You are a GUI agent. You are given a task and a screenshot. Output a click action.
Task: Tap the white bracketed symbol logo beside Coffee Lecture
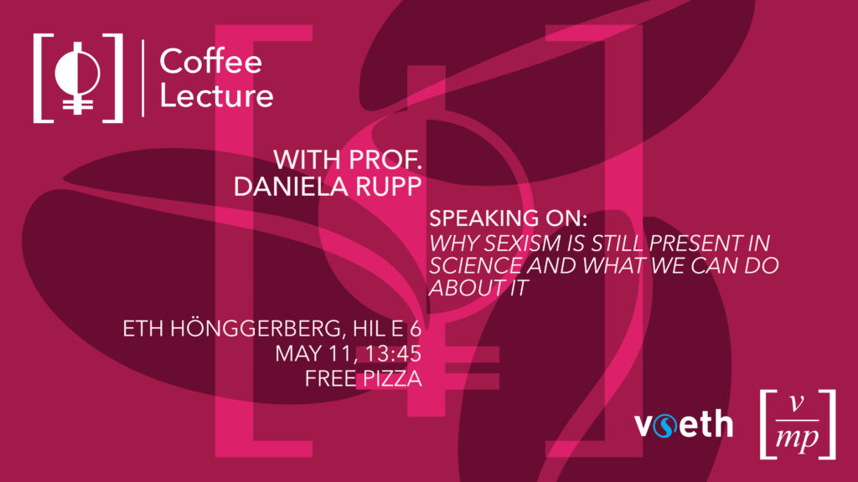coord(78,78)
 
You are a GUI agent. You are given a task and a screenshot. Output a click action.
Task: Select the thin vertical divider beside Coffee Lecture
coord(142,78)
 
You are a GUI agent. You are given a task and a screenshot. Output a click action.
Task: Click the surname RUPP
coord(389,187)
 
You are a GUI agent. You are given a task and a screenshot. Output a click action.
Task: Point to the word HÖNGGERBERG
coord(257,328)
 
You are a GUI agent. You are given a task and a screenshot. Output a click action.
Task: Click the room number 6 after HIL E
coord(416,328)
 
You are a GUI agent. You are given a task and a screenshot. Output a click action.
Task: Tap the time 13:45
coord(393,354)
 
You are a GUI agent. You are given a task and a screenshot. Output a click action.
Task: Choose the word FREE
coord(328,379)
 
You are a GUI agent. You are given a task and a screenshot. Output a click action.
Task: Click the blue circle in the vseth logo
coord(664,426)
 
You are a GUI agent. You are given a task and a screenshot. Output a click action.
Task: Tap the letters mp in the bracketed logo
coord(798,438)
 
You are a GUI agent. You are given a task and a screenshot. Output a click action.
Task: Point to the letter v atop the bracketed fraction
coord(798,404)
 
